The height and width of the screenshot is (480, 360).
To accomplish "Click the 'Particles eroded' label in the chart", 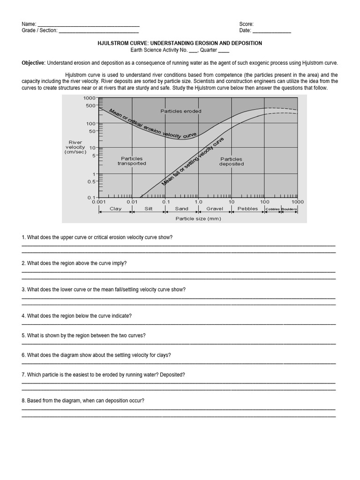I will (180, 111).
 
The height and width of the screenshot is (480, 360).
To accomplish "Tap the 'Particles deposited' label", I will (231, 161).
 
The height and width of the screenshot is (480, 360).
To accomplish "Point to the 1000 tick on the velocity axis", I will (89, 98).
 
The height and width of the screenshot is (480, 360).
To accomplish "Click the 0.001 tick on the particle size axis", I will (98, 202).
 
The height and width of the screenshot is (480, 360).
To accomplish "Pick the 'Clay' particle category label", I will (115, 209).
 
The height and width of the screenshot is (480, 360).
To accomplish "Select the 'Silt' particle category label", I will (149, 209).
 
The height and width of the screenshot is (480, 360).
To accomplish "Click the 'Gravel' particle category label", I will (215, 209).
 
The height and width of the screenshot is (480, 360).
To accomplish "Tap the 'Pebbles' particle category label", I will (247, 209).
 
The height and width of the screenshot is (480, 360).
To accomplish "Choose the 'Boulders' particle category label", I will (289, 209).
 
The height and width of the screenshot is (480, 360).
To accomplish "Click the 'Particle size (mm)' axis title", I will (198, 218).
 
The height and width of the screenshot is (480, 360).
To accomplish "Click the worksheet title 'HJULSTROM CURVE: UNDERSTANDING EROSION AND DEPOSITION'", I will (180, 43).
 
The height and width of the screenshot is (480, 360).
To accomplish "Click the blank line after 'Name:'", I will (88, 24).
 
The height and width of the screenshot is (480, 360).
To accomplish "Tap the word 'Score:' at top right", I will (246, 24).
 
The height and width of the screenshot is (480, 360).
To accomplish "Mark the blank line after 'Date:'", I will (272, 31).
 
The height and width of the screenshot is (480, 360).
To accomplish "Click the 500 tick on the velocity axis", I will (90, 105).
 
